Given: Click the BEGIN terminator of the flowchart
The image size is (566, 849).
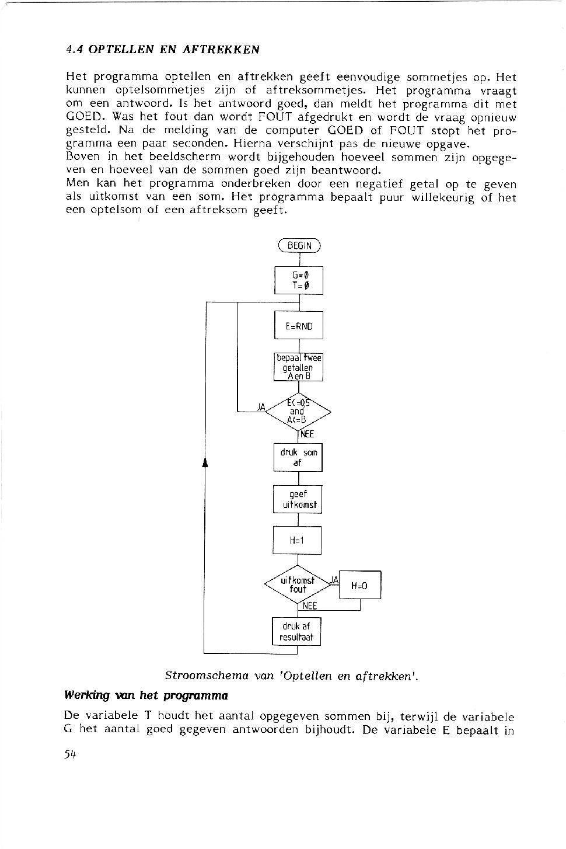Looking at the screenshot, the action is [299, 246].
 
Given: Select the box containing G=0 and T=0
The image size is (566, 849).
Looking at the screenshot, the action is [299, 280].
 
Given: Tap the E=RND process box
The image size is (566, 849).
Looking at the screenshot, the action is [299, 325].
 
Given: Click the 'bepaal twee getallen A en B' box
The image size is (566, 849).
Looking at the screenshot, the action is [298, 367].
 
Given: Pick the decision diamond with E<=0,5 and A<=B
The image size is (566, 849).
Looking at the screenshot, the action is [298, 412].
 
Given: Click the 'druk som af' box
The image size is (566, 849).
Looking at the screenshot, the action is [298, 457].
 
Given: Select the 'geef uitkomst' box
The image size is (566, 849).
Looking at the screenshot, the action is [298, 499].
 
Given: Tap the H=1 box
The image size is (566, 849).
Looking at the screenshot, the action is [297, 540].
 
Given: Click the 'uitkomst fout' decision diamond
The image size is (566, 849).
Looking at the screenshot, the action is [298, 584].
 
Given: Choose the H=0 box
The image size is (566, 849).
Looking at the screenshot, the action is [359, 584].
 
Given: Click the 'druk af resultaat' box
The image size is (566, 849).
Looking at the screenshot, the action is [296, 631].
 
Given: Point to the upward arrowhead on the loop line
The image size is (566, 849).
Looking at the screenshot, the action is [205, 462].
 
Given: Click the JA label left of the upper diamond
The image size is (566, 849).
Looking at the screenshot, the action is [261, 407].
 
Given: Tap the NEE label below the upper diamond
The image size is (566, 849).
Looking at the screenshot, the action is [307, 434].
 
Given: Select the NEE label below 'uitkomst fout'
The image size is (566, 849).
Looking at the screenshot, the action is [309, 606].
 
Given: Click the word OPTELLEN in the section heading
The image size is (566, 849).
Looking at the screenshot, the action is [121, 50].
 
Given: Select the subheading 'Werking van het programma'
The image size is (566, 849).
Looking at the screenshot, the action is [146, 695].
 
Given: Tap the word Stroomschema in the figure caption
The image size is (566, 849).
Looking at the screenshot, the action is [207, 676].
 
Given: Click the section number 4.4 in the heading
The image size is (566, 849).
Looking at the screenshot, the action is [74, 50].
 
